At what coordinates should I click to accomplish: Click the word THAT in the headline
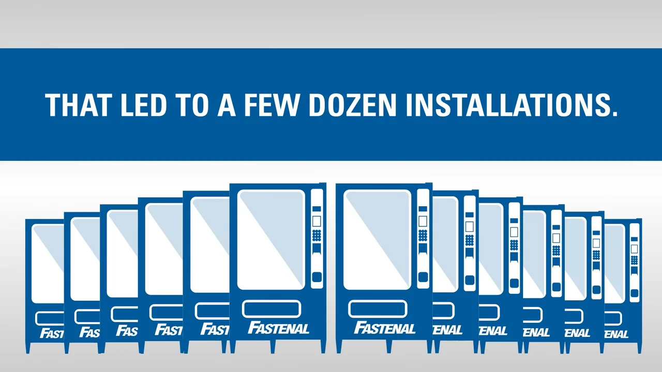tap(78, 105)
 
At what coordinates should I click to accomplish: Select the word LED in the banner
tap(144, 105)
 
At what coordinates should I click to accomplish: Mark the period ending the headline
tap(614, 113)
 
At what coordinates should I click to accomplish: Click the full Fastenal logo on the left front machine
tap(278, 328)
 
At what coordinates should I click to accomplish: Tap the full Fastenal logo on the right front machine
tap(385, 328)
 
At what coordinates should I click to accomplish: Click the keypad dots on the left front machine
tap(317, 236)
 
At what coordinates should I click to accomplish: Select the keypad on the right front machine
tap(423, 236)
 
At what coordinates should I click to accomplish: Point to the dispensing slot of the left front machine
tap(272, 309)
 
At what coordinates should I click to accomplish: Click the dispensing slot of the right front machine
tap(378, 309)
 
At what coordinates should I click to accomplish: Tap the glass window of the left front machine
tap(271, 240)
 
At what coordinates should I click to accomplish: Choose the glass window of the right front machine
tap(377, 240)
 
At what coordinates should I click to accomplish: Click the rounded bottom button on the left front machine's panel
tap(317, 277)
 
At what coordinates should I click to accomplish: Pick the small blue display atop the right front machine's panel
tap(423, 209)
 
